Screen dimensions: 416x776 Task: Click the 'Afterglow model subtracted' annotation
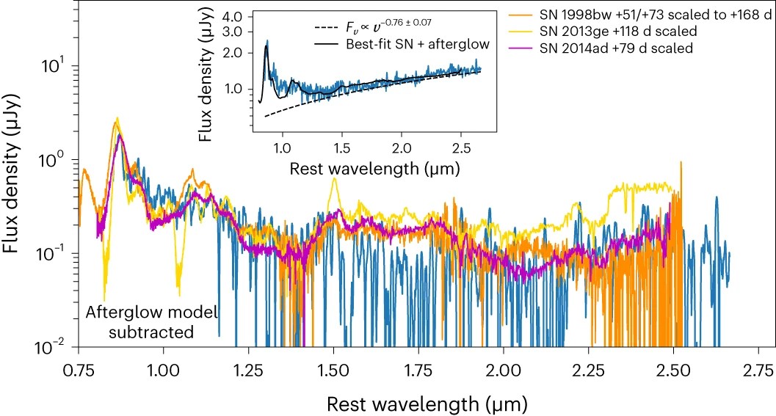[x=151, y=322]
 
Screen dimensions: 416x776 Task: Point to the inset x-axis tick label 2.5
[x=460, y=147]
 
